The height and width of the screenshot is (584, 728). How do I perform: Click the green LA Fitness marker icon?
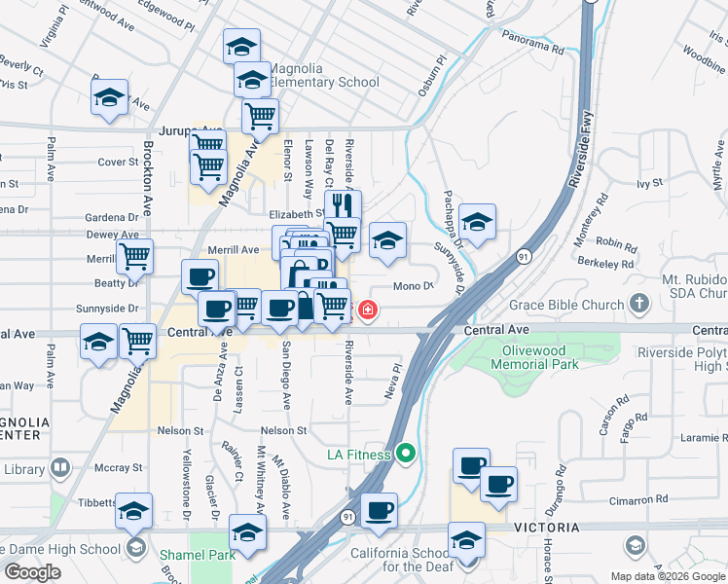[407, 454]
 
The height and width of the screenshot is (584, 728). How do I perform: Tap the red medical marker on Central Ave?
[368, 310]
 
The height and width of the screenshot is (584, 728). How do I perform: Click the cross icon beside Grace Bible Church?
[639, 305]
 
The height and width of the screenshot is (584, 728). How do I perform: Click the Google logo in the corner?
[32, 571]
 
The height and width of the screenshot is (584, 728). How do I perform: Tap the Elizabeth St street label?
[297, 213]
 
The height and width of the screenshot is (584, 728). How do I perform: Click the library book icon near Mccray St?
[62, 469]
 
